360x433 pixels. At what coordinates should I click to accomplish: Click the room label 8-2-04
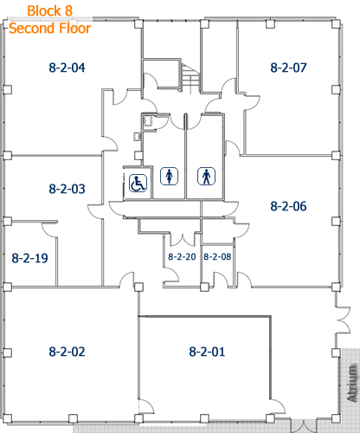[66, 67]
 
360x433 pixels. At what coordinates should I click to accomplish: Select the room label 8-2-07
[288, 67]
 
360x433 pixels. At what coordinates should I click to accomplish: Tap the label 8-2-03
[67, 188]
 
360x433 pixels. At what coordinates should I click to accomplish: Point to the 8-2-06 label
[288, 206]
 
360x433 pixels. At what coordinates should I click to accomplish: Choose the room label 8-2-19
[29, 257]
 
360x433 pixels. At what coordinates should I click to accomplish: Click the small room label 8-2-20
[181, 256]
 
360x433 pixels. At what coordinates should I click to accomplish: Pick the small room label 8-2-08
[217, 256]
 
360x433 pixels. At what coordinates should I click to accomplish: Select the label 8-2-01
[207, 352]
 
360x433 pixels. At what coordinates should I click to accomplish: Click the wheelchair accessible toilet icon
[138, 183]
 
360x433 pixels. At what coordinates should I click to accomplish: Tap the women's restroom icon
[169, 176]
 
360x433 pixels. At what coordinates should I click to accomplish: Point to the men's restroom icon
[206, 176]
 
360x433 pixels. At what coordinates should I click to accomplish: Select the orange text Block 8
[48, 11]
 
